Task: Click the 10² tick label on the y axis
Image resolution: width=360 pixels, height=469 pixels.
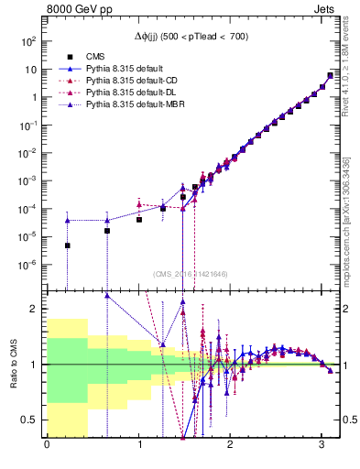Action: pyautogui.click(x=29, y=41)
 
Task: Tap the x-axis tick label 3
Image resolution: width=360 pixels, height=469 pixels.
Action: pyautogui.click(x=322, y=446)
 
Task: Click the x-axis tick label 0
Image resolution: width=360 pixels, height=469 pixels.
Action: pyautogui.click(x=47, y=446)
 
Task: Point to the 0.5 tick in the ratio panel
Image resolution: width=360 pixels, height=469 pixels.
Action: pyautogui.click(x=28, y=420)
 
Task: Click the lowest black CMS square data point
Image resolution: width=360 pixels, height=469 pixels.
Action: pyautogui.click(x=67, y=245)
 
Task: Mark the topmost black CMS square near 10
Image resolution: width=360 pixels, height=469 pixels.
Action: pyautogui.click(x=330, y=75)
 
